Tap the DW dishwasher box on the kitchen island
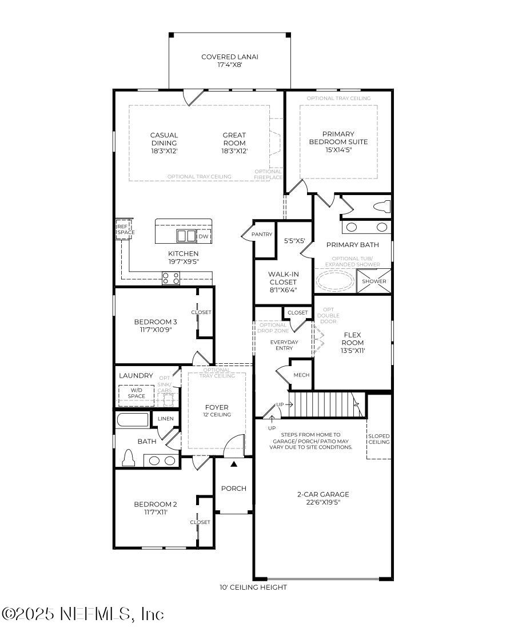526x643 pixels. [204, 236]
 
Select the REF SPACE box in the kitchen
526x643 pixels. [125, 229]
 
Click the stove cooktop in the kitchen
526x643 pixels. [171, 279]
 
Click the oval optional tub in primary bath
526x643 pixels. [336, 281]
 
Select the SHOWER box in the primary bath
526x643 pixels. [374, 281]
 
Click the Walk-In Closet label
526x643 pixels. [283, 277]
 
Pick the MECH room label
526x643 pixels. [301, 375]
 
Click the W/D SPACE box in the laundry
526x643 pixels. [136, 393]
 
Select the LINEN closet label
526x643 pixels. [165, 419]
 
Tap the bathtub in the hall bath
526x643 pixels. [133, 420]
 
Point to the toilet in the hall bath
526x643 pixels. [129, 458]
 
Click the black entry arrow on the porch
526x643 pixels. [233, 465]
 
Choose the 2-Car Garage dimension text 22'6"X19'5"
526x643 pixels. [323, 502]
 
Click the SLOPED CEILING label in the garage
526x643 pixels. [378, 439]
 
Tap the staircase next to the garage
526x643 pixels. [323, 404]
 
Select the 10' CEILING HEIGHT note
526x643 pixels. [253, 587]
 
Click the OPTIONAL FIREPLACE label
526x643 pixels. [268, 174]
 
